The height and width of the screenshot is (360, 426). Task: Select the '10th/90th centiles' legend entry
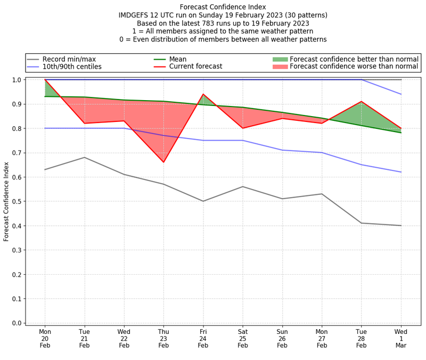[72, 67]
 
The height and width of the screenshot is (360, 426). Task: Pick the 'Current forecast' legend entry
[195, 67]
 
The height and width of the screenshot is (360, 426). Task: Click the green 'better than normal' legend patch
[280, 59]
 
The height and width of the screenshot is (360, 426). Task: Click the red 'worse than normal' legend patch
[280, 67]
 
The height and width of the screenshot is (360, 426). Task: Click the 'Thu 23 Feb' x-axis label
[163, 338]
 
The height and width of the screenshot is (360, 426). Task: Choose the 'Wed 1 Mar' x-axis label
[401, 338]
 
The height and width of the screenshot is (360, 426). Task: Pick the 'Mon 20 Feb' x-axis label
[45, 338]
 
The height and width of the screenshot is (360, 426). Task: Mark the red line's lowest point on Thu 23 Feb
[163, 162]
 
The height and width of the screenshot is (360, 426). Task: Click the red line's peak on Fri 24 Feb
[203, 94]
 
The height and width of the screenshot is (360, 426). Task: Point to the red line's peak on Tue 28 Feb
[362, 101]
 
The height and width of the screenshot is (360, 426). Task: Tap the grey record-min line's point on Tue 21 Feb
[84, 158]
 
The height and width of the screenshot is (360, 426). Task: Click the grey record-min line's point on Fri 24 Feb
[203, 201]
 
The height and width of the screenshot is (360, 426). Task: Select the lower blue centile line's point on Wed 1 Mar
[401, 172]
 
